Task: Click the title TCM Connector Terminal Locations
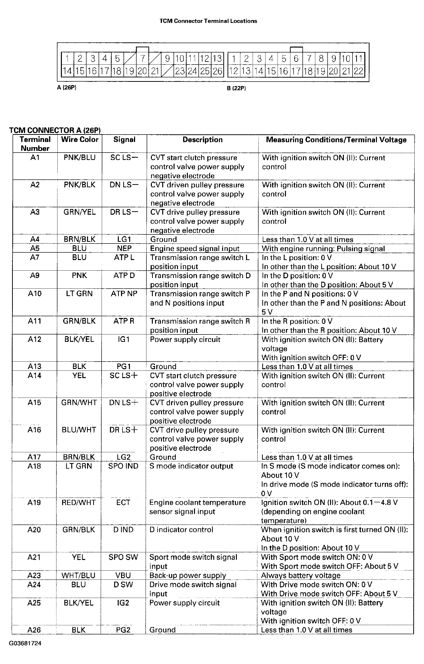pos(208,21)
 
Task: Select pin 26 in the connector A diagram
pos(217,71)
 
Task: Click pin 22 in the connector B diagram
pos(358,71)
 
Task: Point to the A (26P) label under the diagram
pos(67,88)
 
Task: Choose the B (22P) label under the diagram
pos(236,88)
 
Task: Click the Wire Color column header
pos(80,140)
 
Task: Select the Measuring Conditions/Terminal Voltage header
pos(336,140)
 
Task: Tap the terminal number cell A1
pos(35,157)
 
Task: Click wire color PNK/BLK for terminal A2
pos(79,185)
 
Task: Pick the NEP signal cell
pos(124,248)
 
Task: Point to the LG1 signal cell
pos(124,239)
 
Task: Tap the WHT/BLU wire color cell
pos(78,576)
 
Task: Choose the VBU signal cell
pos(123,576)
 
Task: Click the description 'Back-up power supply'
pos(188,576)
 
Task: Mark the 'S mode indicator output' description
pos(191,466)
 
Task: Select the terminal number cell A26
pos(34,630)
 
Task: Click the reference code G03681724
pos(25,643)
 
